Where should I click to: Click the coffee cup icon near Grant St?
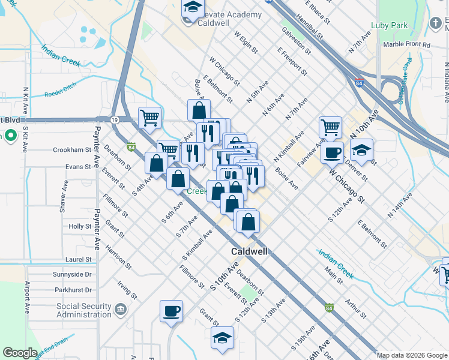pos(171,311)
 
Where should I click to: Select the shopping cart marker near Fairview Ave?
pos(330,127)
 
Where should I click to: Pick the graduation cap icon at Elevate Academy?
pos(193,8)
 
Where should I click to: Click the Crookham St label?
pos(72,149)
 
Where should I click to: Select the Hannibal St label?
pos(313,28)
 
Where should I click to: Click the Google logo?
pos(20,353)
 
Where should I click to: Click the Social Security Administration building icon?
pos(121,310)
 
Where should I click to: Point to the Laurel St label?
pos(79,259)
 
